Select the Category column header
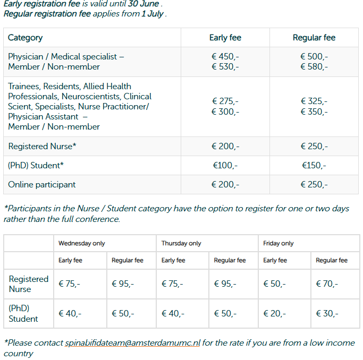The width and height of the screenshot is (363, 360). point(26,38)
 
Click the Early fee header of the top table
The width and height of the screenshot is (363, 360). point(225,38)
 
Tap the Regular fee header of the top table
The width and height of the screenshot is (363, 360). point(314,38)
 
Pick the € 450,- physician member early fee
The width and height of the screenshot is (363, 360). point(225,57)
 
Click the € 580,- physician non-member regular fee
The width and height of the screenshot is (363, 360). point(314,67)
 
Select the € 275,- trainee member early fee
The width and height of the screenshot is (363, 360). point(225,101)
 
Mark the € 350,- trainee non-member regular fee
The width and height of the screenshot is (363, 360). point(314,112)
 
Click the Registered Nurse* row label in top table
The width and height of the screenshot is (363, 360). point(35,147)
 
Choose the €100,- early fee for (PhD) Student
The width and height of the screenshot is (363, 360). point(225,166)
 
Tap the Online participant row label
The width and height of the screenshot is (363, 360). point(41,185)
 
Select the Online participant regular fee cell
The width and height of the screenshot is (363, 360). point(314,185)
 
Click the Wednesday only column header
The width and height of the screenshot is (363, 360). point(82,243)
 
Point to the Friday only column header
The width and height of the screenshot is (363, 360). point(278,243)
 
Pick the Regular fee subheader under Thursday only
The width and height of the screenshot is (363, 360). point(230,260)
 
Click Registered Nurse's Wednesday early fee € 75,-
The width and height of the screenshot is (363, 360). point(70,284)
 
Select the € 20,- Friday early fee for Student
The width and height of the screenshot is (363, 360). point(274,314)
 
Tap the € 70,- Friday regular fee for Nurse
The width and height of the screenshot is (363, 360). point(327,284)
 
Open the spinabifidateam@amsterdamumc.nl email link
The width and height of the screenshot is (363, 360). point(132,343)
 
